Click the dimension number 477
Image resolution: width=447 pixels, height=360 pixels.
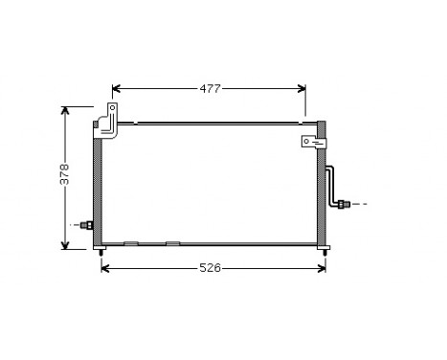[211, 89]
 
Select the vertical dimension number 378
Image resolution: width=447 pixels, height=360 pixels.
[64, 175]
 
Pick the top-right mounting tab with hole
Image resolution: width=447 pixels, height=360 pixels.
[311, 144]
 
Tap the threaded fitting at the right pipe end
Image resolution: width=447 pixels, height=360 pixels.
[344, 203]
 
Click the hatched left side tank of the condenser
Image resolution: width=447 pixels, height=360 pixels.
[98, 188]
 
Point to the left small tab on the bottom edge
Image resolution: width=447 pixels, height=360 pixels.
[131, 243]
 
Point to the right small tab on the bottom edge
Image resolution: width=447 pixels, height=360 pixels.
[172, 243]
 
